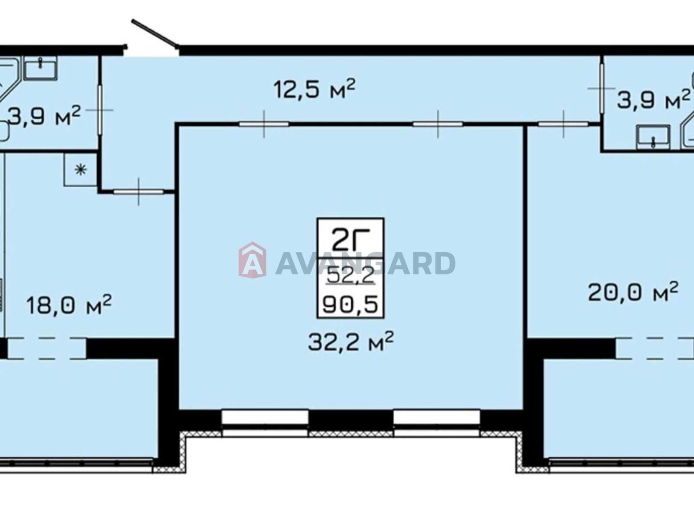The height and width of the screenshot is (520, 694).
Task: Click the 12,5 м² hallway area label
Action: coord(314,89)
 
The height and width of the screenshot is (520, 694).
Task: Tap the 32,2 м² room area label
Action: coord(350,341)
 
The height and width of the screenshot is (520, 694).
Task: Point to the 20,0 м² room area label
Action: coord(633,291)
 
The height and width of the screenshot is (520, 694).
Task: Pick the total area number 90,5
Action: coord(350,305)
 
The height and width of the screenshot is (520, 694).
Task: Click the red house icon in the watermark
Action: coord(252,260)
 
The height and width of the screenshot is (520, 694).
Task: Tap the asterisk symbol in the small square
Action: coord(80,170)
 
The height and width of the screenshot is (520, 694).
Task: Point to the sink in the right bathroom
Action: coord(653,137)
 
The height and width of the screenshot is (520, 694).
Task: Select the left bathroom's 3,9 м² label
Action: coord(44,116)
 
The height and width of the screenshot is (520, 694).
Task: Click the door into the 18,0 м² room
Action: coord(138,192)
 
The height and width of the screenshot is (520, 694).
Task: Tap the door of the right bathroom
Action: coord(602,88)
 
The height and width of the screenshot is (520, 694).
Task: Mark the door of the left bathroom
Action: coord(100,110)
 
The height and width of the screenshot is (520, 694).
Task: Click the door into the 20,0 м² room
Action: coord(563,124)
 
